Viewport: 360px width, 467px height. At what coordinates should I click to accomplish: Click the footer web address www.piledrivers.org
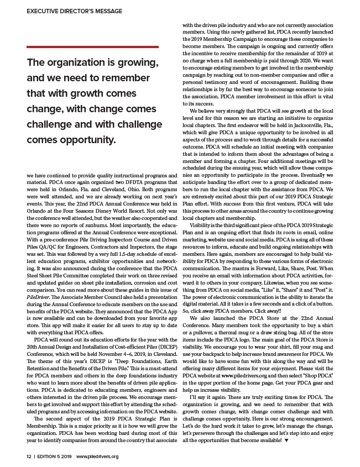(97, 456)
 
